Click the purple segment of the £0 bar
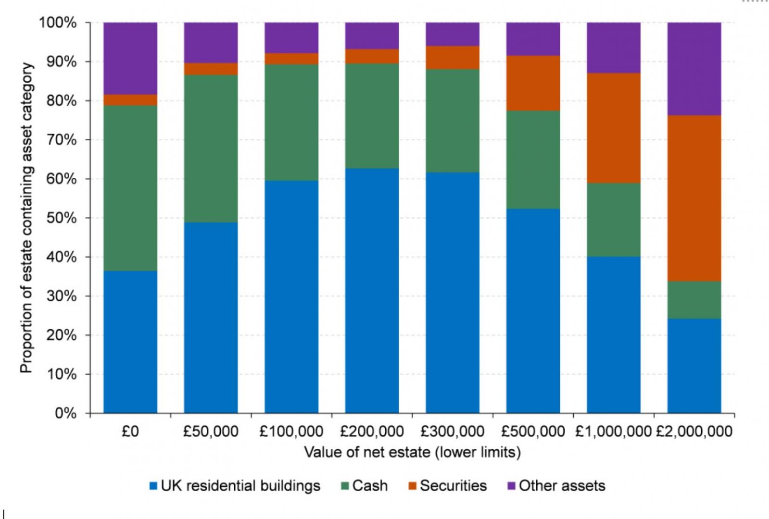130,58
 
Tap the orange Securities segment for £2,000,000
694,198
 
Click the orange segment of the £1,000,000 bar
614,128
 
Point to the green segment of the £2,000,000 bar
694,300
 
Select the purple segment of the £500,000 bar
533,39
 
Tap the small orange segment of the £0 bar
130,100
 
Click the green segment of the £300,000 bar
453,121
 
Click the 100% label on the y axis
58,23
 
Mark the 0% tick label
65,413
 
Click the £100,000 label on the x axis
291,432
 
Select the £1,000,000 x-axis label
613,432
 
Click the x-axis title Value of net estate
412,452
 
